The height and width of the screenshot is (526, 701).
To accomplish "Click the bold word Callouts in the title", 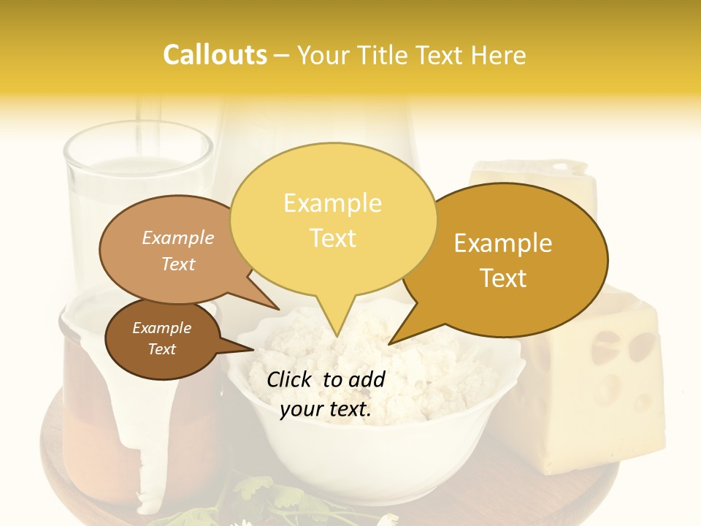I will pyautogui.click(x=215, y=55).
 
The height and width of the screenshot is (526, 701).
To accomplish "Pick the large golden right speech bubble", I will pyautogui.click(x=511, y=259).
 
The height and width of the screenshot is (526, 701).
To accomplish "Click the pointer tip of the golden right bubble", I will pyautogui.click(x=389, y=343).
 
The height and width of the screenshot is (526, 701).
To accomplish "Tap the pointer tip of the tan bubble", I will pyautogui.click(x=279, y=309).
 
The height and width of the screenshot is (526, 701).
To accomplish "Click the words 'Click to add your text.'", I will pyautogui.click(x=326, y=394).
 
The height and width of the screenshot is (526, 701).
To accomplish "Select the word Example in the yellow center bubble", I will pyautogui.click(x=332, y=203).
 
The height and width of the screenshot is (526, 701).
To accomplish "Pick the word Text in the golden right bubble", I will pyautogui.click(x=504, y=278).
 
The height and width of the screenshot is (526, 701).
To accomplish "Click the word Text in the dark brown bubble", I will pyautogui.click(x=162, y=349).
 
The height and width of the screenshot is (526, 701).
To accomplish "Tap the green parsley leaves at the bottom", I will pyautogui.click(x=263, y=497).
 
